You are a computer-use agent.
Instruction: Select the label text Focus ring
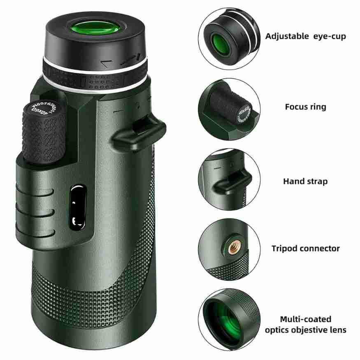[x=305, y=107]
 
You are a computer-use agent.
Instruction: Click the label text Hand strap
[x=305, y=181]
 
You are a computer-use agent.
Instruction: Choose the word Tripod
[x=284, y=249]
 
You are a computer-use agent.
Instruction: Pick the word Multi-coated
[x=305, y=319]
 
